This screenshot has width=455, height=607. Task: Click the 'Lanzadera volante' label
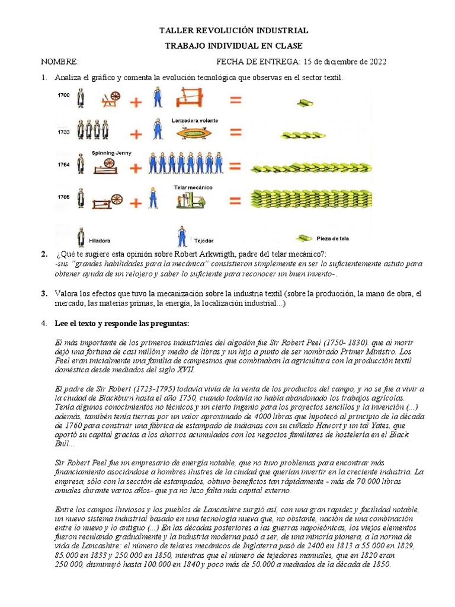[194, 120]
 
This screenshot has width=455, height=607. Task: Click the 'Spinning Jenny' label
[111, 153]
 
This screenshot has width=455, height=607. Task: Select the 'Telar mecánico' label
[193, 187]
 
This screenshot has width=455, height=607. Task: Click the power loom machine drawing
[189, 200]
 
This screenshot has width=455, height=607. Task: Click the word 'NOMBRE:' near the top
[59, 62]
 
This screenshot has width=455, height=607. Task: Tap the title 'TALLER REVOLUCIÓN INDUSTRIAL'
[235, 31]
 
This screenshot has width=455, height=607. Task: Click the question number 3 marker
[44, 293]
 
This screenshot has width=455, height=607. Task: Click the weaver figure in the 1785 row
[153, 199]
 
